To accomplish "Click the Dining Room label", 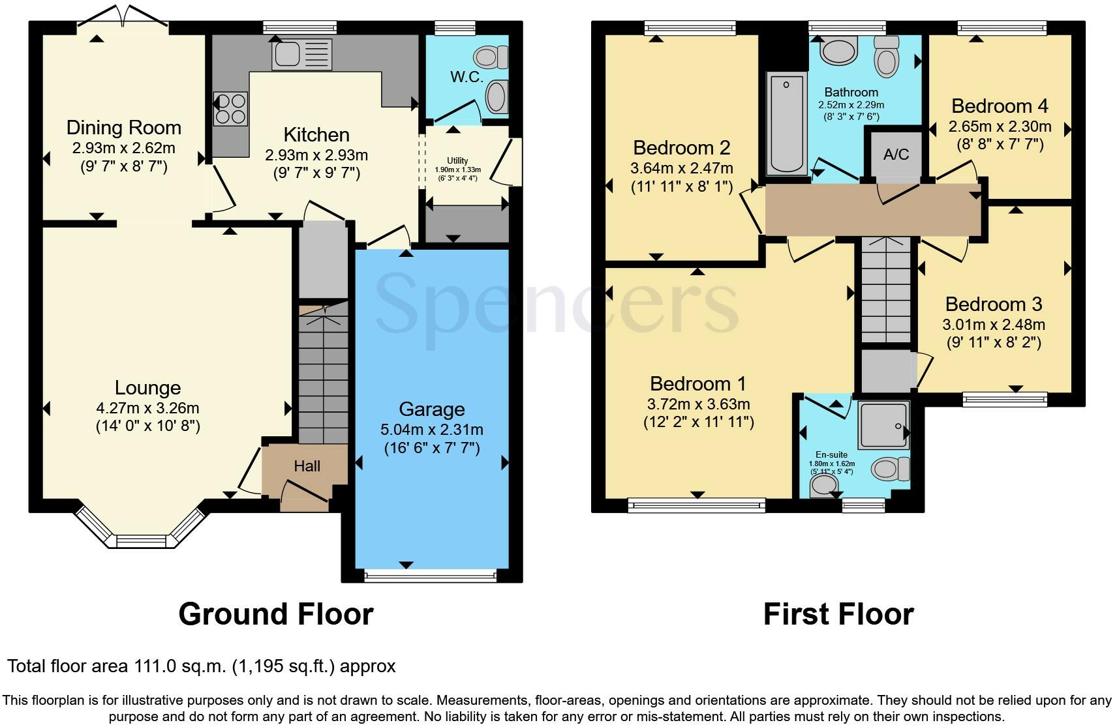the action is tap(124, 128).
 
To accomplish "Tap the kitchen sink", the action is tap(301, 54).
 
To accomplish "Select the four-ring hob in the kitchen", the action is tap(230, 109).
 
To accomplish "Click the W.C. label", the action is tap(467, 77).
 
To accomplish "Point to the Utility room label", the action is tap(457, 160).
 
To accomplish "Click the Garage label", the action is tap(432, 409).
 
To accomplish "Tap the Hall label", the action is tap(307, 466).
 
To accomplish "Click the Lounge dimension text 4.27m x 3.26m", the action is tap(147, 408).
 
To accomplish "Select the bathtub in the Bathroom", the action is tap(786, 124).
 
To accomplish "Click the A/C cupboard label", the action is tap(896, 155).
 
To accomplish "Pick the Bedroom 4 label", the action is tap(1000, 106).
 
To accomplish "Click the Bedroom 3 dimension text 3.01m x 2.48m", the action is tap(993, 325).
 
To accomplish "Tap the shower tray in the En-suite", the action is tap(883, 424).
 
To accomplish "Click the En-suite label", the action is tap(831, 454).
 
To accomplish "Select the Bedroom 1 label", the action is tap(698, 383).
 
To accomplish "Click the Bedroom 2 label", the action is tap(682, 147).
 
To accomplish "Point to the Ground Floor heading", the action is tap(276, 614).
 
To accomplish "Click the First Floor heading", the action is tap(838, 614).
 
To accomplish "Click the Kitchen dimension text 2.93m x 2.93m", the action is tap(316, 155).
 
